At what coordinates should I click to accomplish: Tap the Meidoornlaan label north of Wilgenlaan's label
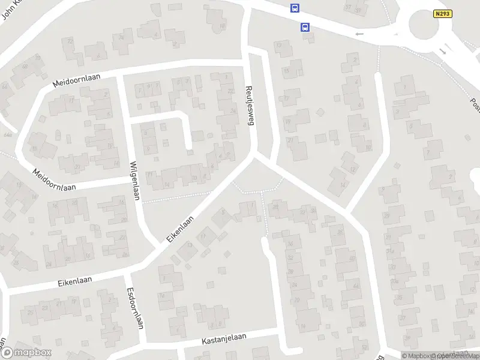[76, 80]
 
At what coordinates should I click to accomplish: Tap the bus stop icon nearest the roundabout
[305, 27]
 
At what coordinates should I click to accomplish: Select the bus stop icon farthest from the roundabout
[295, 8]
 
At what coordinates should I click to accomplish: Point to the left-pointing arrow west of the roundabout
[360, 34]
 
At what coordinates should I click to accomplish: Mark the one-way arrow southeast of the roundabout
[444, 51]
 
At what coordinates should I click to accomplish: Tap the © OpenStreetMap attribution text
[458, 356]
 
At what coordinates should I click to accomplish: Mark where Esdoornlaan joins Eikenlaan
[127, 275]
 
